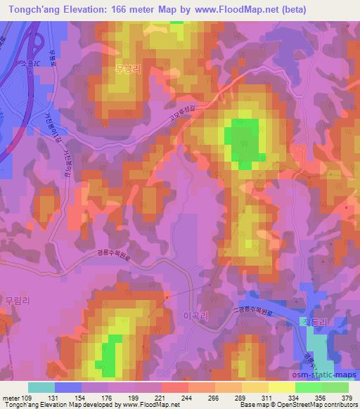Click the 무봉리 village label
128,69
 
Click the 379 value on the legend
348,397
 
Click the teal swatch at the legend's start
41,387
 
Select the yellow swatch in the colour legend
281,387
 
